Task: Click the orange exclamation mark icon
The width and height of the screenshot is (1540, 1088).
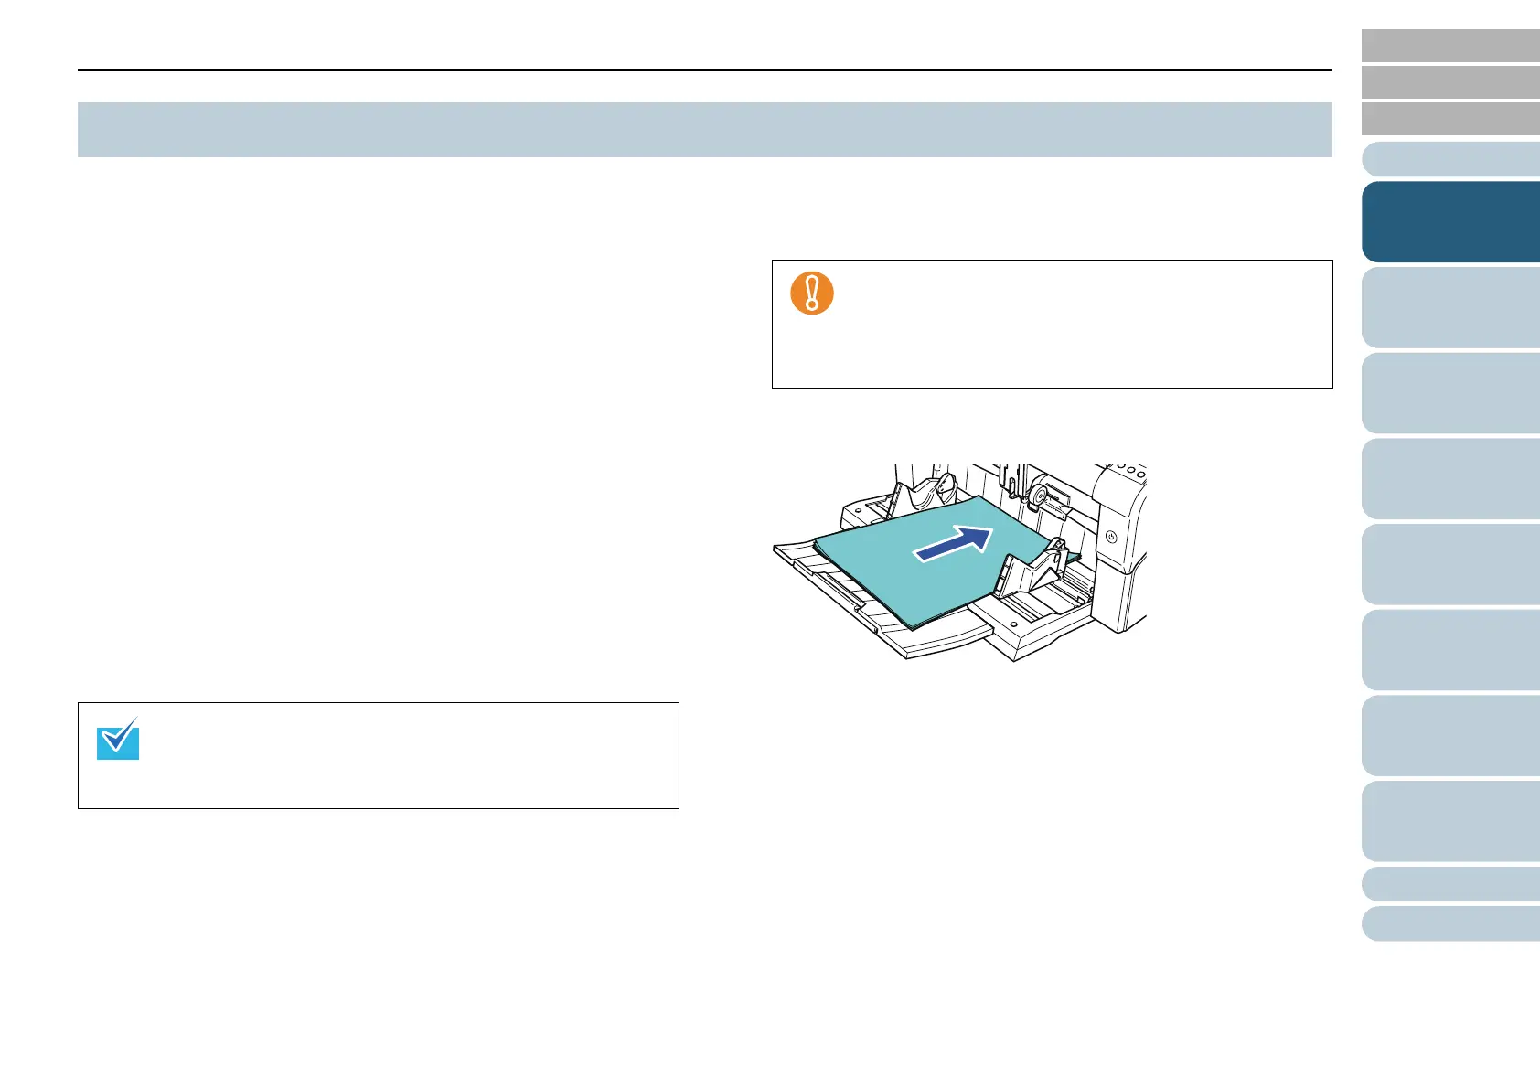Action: click(811, 293)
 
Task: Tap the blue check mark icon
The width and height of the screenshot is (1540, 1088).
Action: click(118, 739)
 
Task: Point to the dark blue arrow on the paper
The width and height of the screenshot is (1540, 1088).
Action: click(954, 543)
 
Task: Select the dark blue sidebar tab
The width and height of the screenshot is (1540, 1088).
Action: click(1449, 222)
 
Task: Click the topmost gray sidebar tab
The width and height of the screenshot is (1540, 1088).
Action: click(1449, 46)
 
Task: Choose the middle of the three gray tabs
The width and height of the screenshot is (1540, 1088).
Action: click(1449, 82)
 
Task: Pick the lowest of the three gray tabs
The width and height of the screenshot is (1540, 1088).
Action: click(1449, 119)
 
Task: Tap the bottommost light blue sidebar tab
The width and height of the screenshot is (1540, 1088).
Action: click(1449, 923)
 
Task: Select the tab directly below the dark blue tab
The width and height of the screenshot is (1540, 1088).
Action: click(1449, 307)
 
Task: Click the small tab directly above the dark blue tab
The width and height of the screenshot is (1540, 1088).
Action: click(1449, 159)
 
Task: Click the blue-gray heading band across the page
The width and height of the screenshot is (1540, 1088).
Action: click(704, 130)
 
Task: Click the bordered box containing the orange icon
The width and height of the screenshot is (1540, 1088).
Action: click(1052, 325)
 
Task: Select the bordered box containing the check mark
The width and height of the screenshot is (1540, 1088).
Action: click(378, 755)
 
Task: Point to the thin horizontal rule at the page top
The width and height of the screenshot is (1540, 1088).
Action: click(704, 70)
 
